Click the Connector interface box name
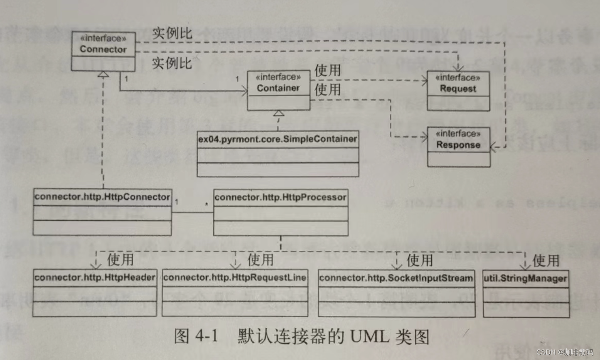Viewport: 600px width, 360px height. [x=103, y=49]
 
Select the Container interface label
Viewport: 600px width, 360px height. [x=278, y=88]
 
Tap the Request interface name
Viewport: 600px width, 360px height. [x=458, y=89]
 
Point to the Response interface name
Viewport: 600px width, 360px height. [x=458, y=145]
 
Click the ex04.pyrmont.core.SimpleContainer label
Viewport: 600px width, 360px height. [x=278, y=139]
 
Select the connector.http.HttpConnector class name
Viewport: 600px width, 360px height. [x=102, y=197]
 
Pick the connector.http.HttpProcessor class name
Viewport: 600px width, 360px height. [x=280, y=197]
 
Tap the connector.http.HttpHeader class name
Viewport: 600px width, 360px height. [x=95, y=277]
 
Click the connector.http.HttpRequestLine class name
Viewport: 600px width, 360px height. [x=235, y=277]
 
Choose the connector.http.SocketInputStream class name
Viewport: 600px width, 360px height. [x=396, y=278]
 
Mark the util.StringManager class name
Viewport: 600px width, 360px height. [x=525, y=278]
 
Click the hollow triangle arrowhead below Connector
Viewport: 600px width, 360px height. [x=103, y=74]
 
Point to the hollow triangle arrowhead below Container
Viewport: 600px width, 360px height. [x=279, y=113]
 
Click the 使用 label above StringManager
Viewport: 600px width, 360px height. [x=546, y=261]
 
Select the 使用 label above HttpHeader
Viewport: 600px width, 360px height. [x=120, y=259]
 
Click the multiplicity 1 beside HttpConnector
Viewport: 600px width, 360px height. [x=177, y=202]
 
